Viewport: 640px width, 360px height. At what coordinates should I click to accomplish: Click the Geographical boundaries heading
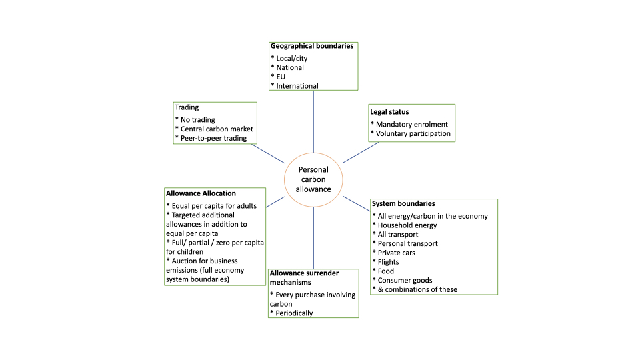[x=311, y=46]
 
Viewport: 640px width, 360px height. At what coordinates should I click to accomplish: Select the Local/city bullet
[x=289, y=59]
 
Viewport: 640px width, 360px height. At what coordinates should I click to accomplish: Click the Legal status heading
[x=389, y=111]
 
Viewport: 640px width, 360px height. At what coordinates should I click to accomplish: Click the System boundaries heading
[x=403, y=203]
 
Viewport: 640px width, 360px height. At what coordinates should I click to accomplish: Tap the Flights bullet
[x=388, y=262]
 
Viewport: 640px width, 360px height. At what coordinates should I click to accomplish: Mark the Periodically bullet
[x=291, y=313]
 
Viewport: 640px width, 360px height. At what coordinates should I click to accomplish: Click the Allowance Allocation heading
[x=201, y=193]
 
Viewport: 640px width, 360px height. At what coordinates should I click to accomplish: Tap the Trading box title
[x=186, y=107]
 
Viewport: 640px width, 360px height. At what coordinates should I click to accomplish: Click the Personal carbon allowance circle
[x=313, y=179]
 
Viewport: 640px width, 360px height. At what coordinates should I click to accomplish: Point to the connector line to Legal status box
[x=361, y=152]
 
